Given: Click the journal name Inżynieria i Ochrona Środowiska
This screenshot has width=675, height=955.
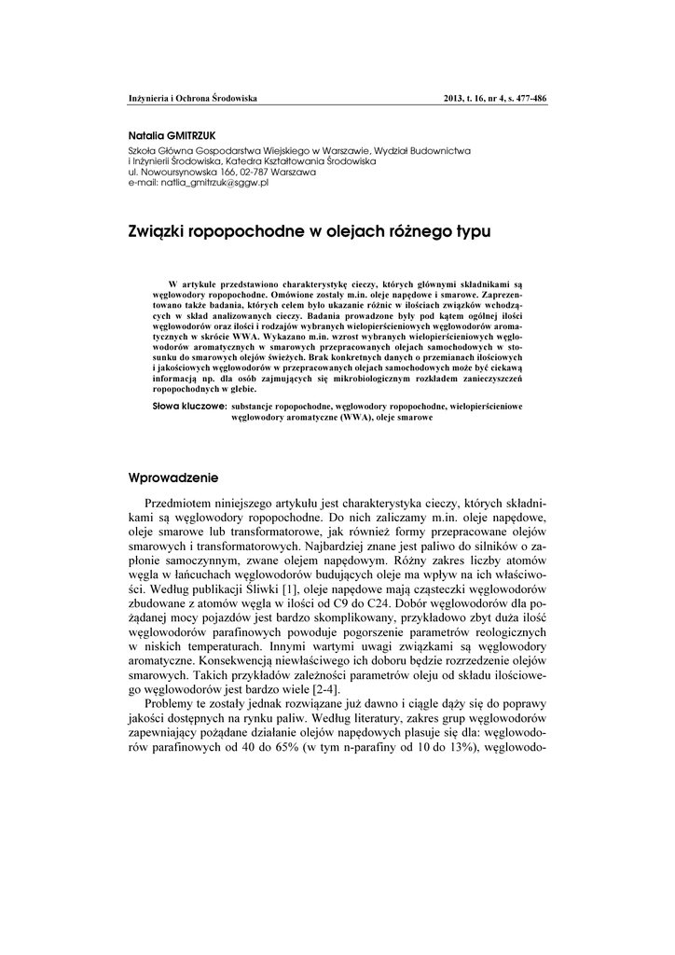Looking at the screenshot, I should [192, 98].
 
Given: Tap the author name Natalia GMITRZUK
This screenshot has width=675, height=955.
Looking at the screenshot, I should [172, 135].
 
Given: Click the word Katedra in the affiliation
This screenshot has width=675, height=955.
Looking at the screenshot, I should [242, 161].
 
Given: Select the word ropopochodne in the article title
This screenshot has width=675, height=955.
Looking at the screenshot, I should [241, 229].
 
